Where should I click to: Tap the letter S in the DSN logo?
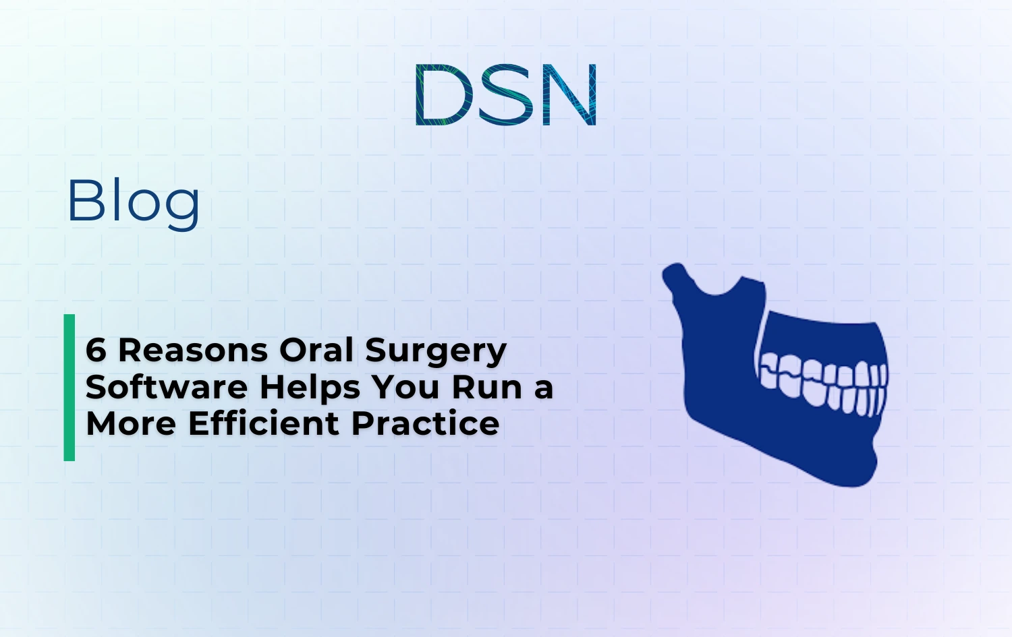click(x=506, y=95)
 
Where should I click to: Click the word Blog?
click(x=134, y=201)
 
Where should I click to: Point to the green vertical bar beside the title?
click(x=69, y=388)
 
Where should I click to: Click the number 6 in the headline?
click(x=96, y=351)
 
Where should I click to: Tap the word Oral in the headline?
click(x=316, y=351)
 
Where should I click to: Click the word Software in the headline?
click(x=167, y=388)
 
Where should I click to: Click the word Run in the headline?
click(x=488, y=388)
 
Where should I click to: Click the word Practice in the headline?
click(x=425, y=424)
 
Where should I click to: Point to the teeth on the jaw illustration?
click(x=823, y=384)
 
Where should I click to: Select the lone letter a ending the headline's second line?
click(x=544, y=389)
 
